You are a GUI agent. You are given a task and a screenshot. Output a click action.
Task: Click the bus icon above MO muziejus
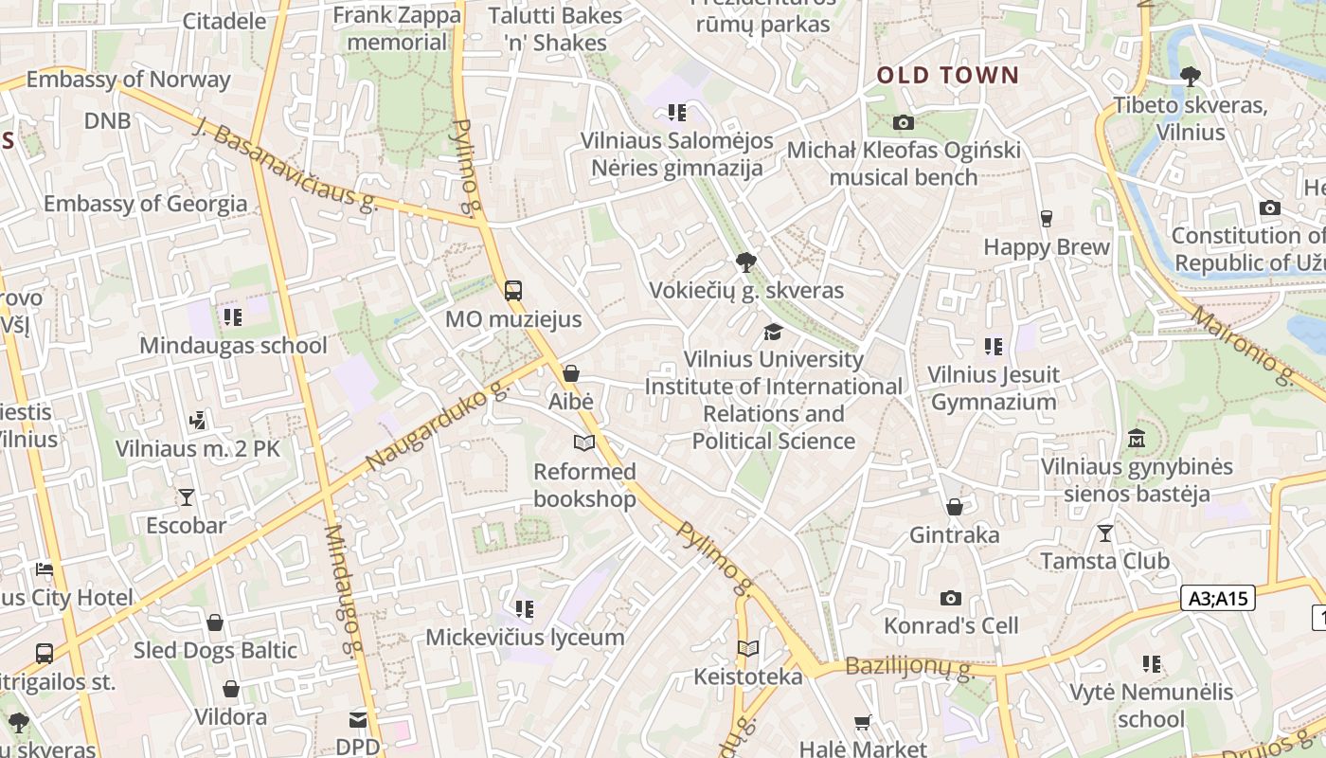513,291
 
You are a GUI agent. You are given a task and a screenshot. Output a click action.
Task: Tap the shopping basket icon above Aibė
571,373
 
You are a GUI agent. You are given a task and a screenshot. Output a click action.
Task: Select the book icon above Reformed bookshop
584,442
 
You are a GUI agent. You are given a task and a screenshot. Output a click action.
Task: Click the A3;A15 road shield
1219,598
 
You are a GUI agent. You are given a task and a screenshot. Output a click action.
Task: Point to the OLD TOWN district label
948,76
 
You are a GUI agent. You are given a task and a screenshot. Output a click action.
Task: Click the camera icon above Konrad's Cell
951,598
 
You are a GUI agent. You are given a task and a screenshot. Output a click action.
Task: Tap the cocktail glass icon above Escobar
186,496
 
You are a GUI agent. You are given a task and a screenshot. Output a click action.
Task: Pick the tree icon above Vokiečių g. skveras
746,262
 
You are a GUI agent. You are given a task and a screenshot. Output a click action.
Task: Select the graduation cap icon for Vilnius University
774,332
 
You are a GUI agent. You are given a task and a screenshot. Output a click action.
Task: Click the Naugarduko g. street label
437,425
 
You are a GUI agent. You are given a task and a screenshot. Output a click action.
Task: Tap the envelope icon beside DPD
358,720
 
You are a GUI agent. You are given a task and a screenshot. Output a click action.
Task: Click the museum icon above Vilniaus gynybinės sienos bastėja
1137,439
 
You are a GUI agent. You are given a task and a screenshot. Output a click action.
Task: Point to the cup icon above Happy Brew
1046,219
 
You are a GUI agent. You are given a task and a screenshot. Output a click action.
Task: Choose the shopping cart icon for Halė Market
862,723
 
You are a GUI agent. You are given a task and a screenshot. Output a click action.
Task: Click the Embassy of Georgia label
145,204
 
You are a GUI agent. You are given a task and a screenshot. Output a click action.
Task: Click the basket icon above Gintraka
955,507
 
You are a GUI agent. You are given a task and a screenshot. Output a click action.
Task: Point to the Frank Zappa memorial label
397,28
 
